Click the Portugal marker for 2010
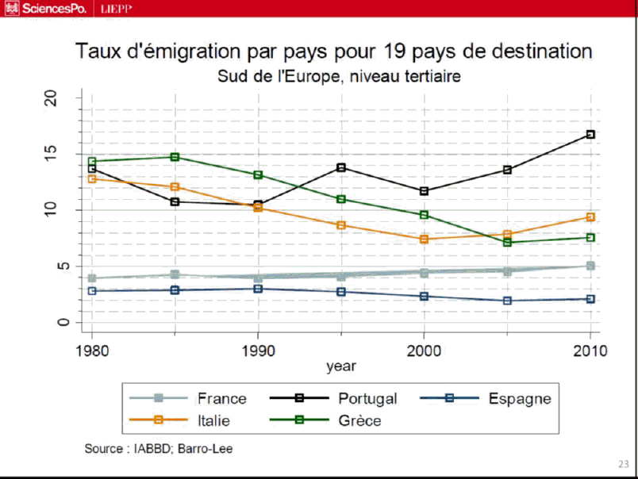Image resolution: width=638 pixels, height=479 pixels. pos(590,135)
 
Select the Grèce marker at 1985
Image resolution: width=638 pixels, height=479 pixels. pos(175,157)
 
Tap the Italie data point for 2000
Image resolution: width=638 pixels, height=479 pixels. pos(424,239)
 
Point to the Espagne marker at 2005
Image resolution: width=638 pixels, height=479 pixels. pos(507,301)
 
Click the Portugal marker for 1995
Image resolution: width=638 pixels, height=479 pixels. pos(341,167)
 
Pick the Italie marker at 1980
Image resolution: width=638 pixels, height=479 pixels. pos(92,178)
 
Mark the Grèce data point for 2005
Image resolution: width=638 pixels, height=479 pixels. pos(507,242)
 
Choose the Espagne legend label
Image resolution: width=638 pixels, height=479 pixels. pos(520,398)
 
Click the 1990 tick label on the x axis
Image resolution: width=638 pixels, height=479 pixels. pos(257,351)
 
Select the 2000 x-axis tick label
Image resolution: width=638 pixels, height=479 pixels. pos(424,351)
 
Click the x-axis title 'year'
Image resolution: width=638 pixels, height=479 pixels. pos(341,366)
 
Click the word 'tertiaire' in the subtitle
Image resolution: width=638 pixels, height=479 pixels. pos(429,77)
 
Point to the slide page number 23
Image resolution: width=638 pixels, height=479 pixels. pos(622,464)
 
